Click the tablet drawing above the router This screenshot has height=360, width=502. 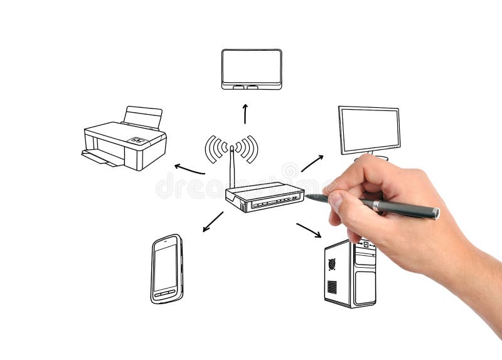(x=252, y=68)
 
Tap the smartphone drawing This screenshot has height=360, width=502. (x=166, y=268)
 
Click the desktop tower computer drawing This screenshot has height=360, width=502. (x=350, y=275)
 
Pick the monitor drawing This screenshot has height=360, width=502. (x=369, y=130)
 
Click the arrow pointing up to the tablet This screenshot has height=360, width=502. (x=245, y=114)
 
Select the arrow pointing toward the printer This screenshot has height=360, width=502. (x=189, y=169)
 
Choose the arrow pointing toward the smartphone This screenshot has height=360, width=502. (x=213, y=221)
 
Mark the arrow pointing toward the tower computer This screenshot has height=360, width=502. (x=309, y=230)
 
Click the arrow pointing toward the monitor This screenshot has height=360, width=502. (x=312, y=163)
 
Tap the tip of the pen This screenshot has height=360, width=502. (x=307, y=197)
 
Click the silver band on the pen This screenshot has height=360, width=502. (x=376, y=205)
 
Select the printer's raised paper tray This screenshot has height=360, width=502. (x=142, y=117)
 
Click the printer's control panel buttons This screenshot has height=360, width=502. (x=137, y=141)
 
